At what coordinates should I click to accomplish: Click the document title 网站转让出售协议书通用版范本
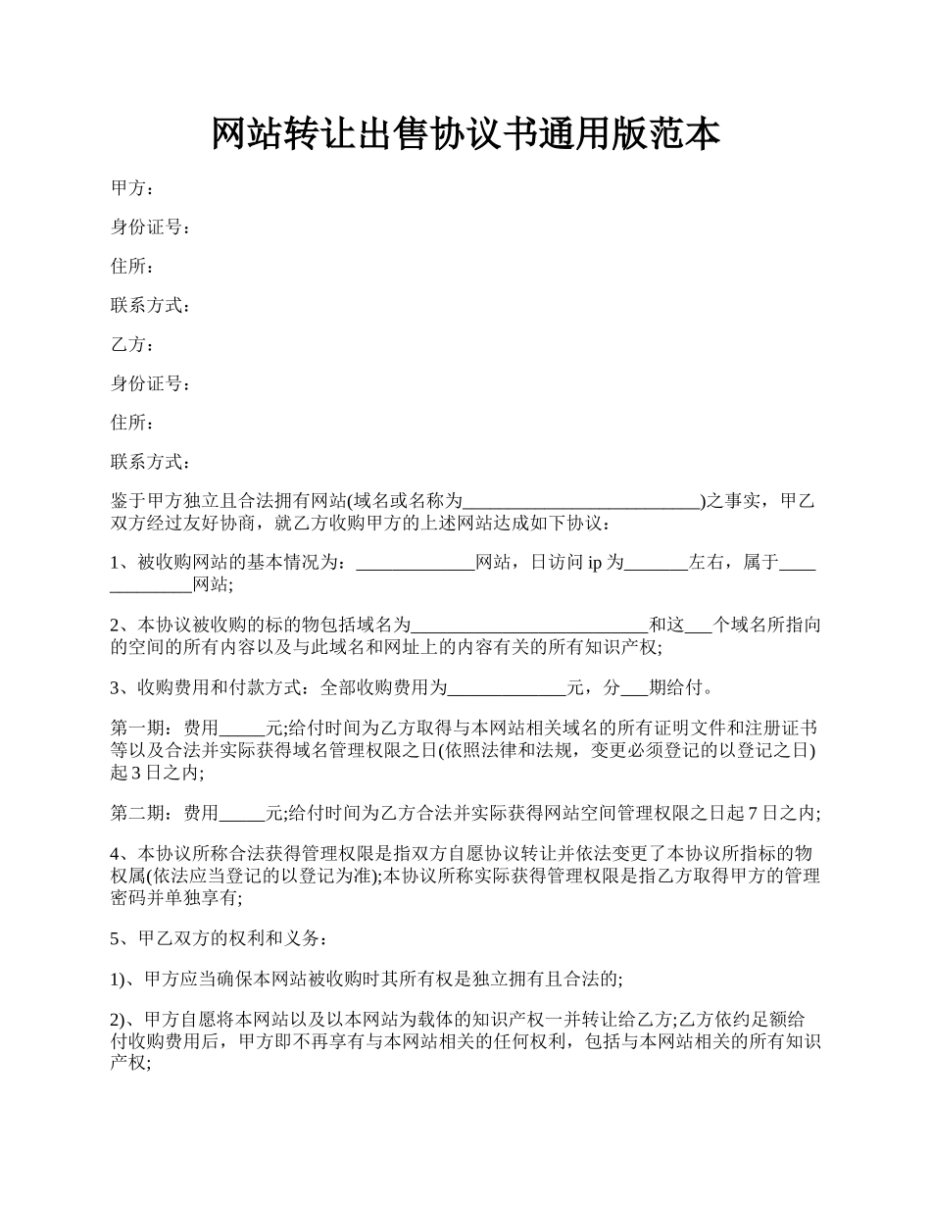tap(465, 134)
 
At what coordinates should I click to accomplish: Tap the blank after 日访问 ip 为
tap(657, 564)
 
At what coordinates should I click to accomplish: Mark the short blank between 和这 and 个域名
tap(699, 626)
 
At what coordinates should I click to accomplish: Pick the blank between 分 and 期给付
tap(636, 688)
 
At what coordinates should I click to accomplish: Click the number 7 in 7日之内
tap(753, 813)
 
